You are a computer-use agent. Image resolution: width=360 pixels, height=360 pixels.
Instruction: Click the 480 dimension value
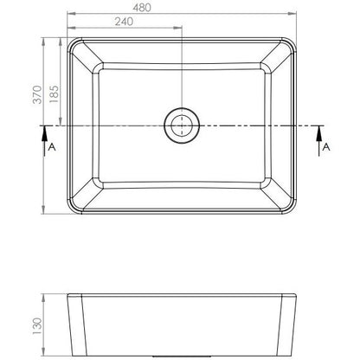(x=142, y=8)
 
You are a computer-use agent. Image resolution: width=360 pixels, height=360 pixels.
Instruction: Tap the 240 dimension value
(x=124, y=22)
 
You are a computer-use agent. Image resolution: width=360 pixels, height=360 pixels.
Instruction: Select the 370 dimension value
(x=37, y=94)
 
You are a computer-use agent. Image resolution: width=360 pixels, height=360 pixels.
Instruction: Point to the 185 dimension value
(x=54, y=94)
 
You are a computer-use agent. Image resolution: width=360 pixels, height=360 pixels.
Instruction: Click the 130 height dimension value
(x=37, y=326)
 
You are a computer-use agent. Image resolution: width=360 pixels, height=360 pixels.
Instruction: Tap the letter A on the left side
(x=52, y=147)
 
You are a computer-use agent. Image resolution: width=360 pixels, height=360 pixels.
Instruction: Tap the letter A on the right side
(x=326, y=147)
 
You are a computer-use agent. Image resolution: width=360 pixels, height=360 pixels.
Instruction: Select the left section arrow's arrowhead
(x=44, y=134)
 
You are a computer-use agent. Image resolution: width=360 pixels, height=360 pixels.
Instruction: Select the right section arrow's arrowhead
(x=319, y=134)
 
